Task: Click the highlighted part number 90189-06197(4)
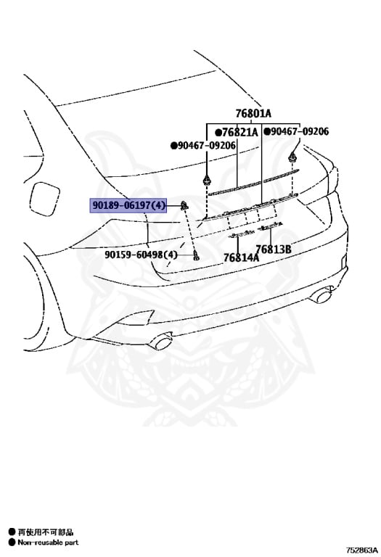(128, 205)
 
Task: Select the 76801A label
(253, 113)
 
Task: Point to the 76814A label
(242, 257)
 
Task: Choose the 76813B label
(274, 249)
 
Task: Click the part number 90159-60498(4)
(141, 255)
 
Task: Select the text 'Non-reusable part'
(48, 542)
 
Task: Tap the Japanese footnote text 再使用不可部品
(46, 532)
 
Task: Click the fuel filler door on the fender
(44, 199)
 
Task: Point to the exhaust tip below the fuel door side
(161, 341)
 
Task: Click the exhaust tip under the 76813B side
(321, 295)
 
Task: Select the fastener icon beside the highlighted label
(184, 205)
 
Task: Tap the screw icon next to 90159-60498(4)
(196, 255)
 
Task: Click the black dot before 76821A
(218, 133)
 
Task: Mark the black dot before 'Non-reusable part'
(12, 542)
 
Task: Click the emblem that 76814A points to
(241, 233)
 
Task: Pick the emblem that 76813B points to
(271, 226)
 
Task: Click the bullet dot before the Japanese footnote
(12, 532)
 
